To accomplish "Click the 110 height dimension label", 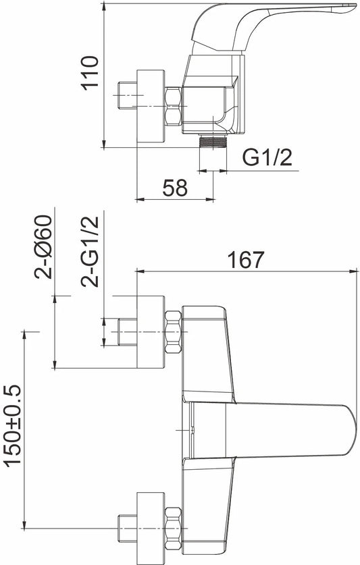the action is [x=89, y=73].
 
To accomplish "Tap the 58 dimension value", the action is [x=175, y=188].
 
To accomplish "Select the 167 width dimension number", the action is [x=246, y=260].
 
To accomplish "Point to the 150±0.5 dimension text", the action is [x=14, y=426].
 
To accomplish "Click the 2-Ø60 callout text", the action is [x=43, y=247].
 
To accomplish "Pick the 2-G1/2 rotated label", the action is [x=89, y=252].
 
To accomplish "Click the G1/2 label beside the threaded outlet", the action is [x=267, y=157].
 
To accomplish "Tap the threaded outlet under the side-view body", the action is [x=213, y=141].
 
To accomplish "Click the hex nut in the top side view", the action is [x=173, y=106].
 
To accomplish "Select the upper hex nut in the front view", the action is [x=173, y=332].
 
